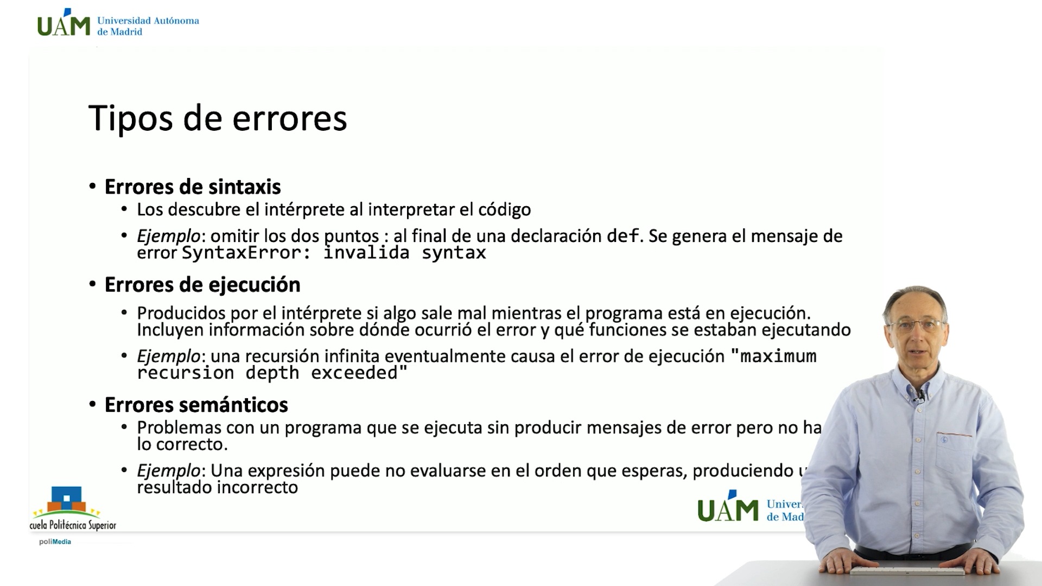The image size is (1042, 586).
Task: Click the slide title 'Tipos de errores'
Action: tap(217, 118)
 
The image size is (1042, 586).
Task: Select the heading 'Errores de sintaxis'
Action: tap(193, 187)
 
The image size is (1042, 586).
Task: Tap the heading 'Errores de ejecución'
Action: tap(202, 285)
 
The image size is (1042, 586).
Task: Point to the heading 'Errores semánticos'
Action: tap(196, 405)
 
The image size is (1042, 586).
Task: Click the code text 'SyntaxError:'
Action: tap(246, 253)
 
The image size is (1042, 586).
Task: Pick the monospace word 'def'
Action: tap(622, 236)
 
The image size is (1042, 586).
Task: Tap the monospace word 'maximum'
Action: tap(778, 356)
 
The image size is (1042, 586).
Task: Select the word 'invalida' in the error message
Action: tap(366, 253)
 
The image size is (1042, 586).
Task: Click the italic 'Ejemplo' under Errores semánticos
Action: tap(168, 470)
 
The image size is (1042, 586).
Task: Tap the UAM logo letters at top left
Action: tap(63, 24)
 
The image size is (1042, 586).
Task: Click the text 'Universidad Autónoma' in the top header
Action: tap(148, 21)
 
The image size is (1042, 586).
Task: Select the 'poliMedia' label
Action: tap(55, 542)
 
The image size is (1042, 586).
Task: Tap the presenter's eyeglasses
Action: tap(916, 326)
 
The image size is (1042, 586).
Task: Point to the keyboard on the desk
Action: tap(906, 571)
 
